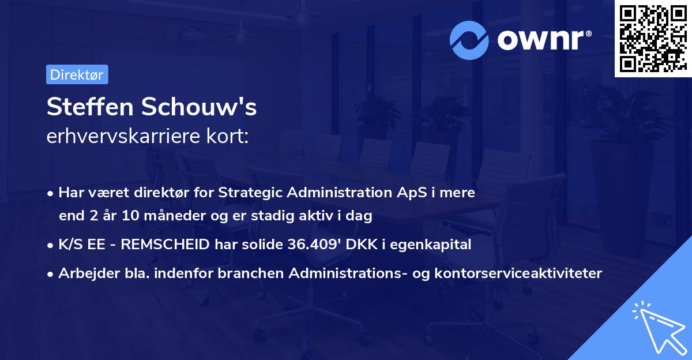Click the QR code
653,39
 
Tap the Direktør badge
77,74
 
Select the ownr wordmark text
543,39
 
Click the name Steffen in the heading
87,107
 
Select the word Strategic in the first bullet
246,193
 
